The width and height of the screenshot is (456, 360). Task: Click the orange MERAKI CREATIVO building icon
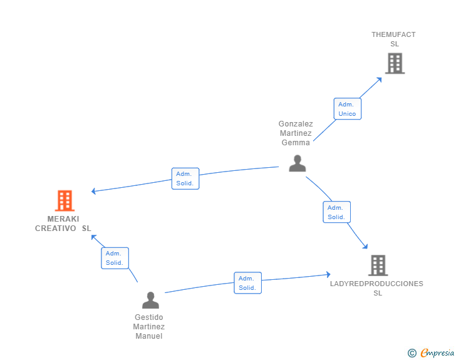tap(65, 200)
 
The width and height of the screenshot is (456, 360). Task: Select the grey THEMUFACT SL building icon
tap(395, 63)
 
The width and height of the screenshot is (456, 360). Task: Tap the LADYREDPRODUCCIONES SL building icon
tap(378, 265)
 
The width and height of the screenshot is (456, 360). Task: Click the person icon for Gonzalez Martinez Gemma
tap(297, 163)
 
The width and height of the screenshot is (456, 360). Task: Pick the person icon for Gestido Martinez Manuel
tap(150, 300)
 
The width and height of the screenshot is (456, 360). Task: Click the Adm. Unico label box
tap(348, 109)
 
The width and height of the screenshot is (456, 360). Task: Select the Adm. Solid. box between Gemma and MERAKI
tap(185, 178)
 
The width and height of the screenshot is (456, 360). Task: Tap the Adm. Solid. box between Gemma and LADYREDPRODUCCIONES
tap(337, 212)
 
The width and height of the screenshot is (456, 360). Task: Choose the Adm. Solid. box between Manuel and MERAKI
tap(115, 258)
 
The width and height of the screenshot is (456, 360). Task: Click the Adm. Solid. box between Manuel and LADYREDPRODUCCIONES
tap(248, 283)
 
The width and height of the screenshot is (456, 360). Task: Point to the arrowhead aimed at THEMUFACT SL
tap(379, 80)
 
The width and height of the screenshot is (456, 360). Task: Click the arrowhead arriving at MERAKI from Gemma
tap(94, 191)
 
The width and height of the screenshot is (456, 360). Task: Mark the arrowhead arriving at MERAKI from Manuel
tap(94, 237)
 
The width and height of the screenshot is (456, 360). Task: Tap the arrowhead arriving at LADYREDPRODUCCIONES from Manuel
tap(328, 274)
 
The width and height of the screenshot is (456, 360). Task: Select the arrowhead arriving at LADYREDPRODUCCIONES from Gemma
tap(365, 246)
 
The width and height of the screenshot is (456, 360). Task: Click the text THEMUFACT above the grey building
tap(393, 34)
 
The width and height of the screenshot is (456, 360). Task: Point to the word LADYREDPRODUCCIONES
tap(376, 284)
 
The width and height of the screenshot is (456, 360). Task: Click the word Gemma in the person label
tap(296, 143)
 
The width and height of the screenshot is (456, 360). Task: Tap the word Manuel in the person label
tap(149, 336)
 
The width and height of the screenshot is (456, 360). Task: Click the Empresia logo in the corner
tap(431, 352)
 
